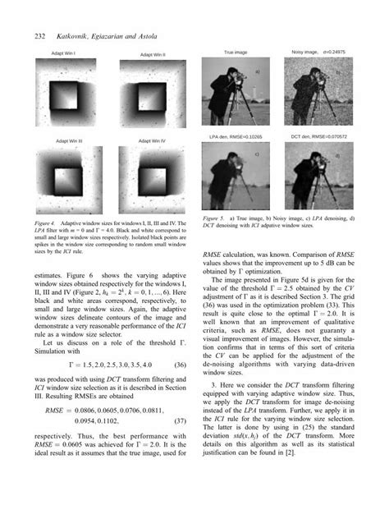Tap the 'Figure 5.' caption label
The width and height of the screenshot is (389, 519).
[x=213, y=218]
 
